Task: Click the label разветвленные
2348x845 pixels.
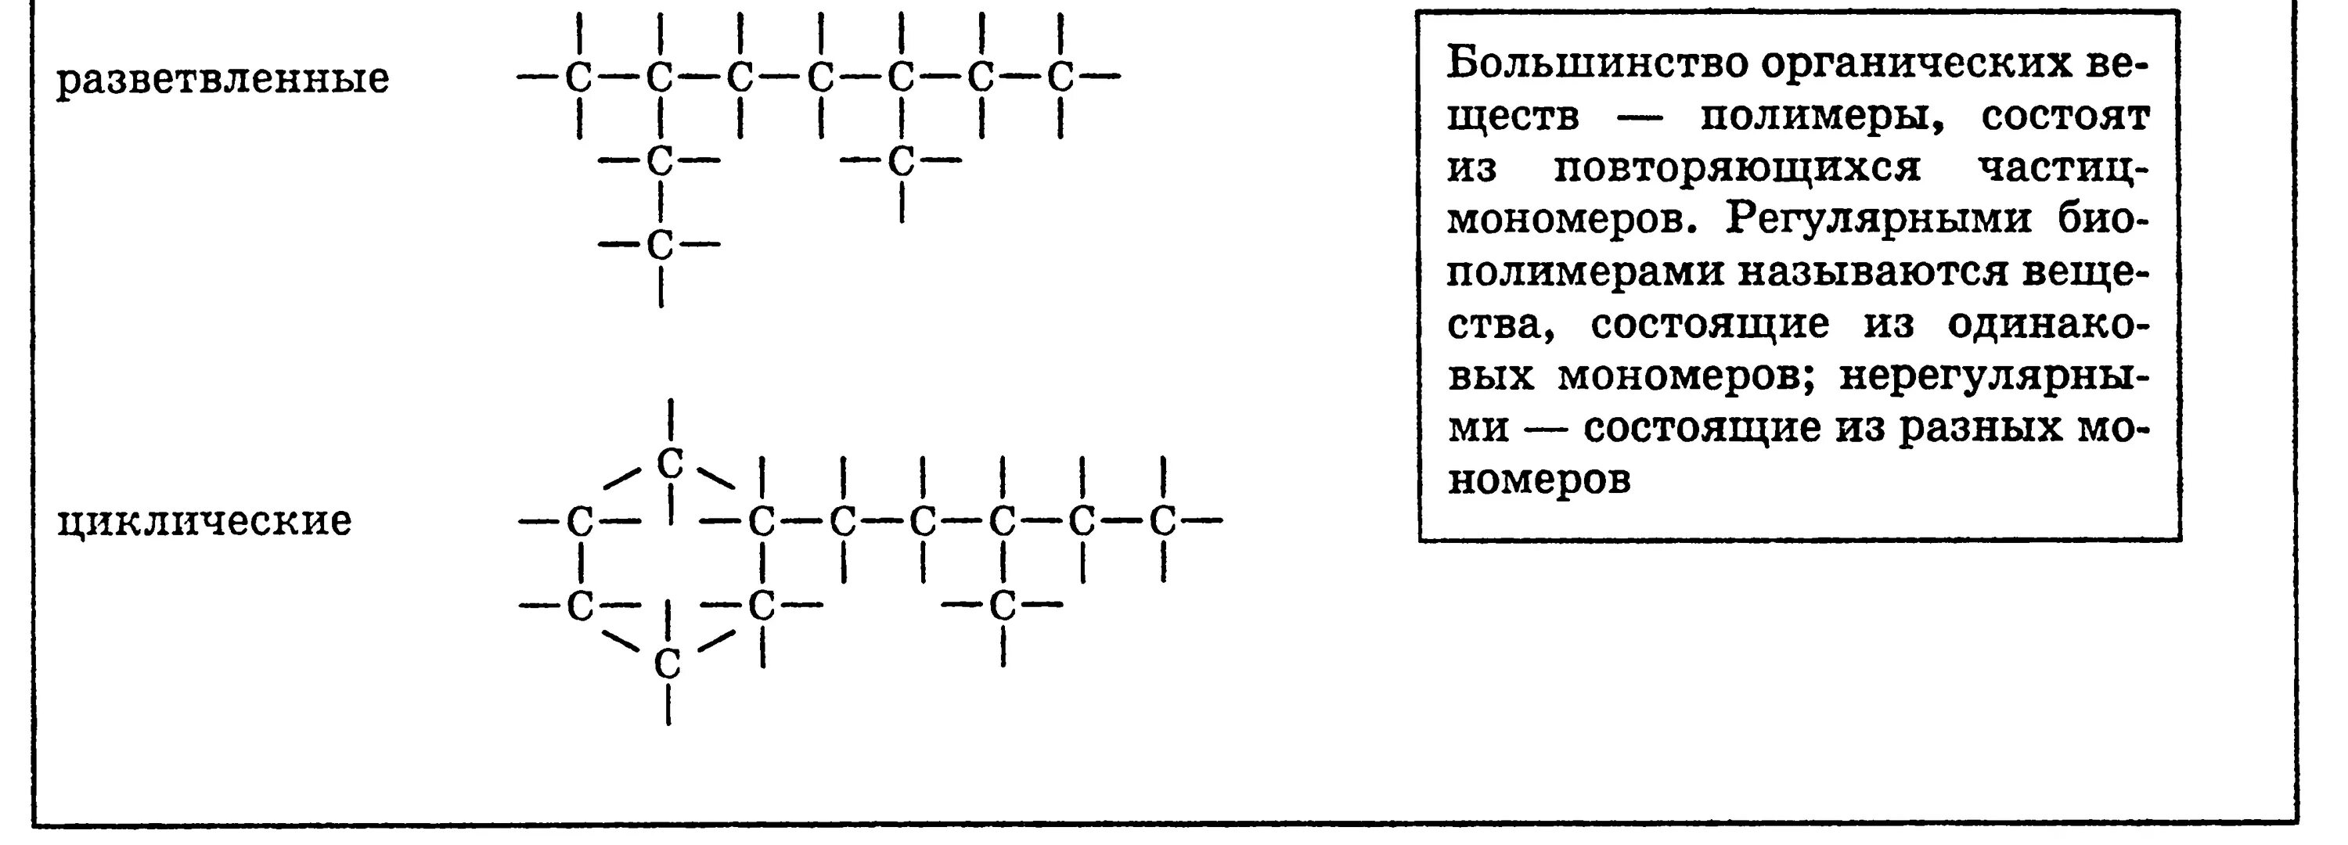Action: (222, 79)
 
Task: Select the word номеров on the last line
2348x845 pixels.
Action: (1539, 480)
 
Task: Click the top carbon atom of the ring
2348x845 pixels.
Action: (670, 464)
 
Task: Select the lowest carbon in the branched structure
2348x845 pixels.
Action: (659, 244)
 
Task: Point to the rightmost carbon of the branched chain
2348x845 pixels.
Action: (1059, 78)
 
